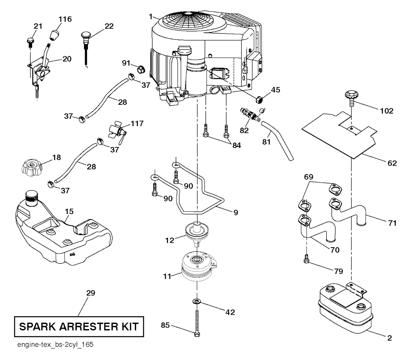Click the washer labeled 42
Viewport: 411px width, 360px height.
coord(197,301)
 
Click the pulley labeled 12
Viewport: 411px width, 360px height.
coord(197,233)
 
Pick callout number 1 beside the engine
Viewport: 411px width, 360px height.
coord(151,16)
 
